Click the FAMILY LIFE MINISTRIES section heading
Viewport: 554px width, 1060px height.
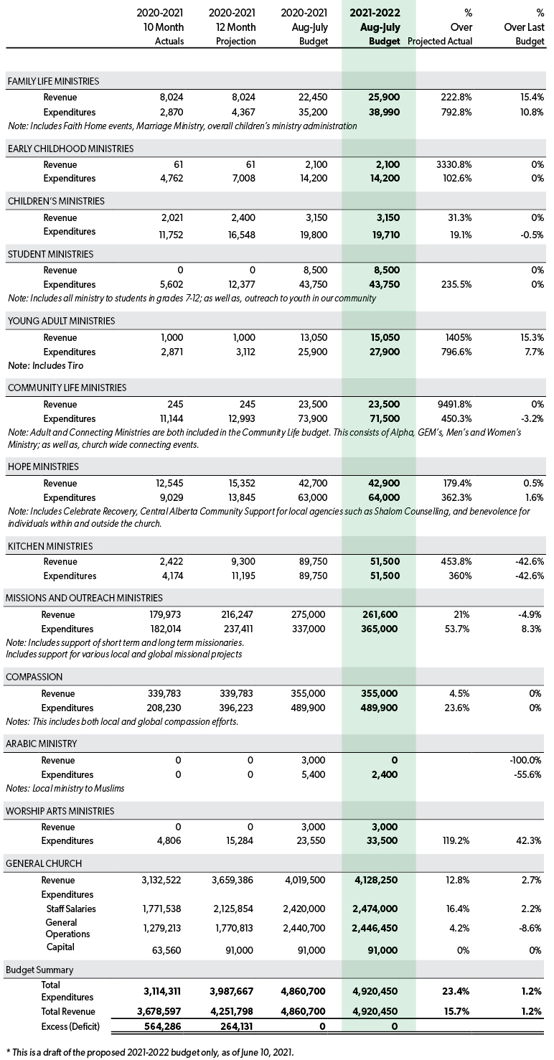pyautogui.click(x=53, y=81)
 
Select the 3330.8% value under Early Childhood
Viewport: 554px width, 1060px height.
pyautogui.click(x=454, y=164)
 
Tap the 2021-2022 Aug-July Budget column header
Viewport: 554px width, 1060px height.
pyautogui.click(x=375, y=27)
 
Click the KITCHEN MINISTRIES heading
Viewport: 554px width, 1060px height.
pyautogui.click(x=50, y=546)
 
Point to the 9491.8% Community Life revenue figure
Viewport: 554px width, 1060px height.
pyautogui.click(x=454, y=405)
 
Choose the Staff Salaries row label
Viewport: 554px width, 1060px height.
pyautogui.click(x=71, y=909)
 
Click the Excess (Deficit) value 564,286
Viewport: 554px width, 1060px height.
pyautogui.click(x=161, y=1026)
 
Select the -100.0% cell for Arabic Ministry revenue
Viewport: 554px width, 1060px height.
pyautogui.click(x=525, y=761)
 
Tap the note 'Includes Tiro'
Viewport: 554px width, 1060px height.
pyautogui.click(x=46, y=366)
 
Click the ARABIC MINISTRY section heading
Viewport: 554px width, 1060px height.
pyautogui.click(x=41, y=744)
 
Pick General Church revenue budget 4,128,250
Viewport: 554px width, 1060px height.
pyautogui.click(x=375, y=880)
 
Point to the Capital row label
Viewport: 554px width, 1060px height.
pyautogui.click(x=60, y=947)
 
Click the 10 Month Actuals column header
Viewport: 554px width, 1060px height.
pyautogui.click(x=160, y=27)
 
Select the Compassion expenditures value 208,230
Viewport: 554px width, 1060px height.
pyautogui.click(x=164, y=708)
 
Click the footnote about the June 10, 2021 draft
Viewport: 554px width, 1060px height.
pyautogui.click(x=150, y=1052)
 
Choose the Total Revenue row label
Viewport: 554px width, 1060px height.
pyautogui.click(x=68, y=1011)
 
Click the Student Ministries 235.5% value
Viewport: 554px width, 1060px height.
pyautogui.click(x=456, y=284)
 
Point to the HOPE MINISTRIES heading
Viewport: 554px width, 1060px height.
pyautogui.click(x=43, y=466)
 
